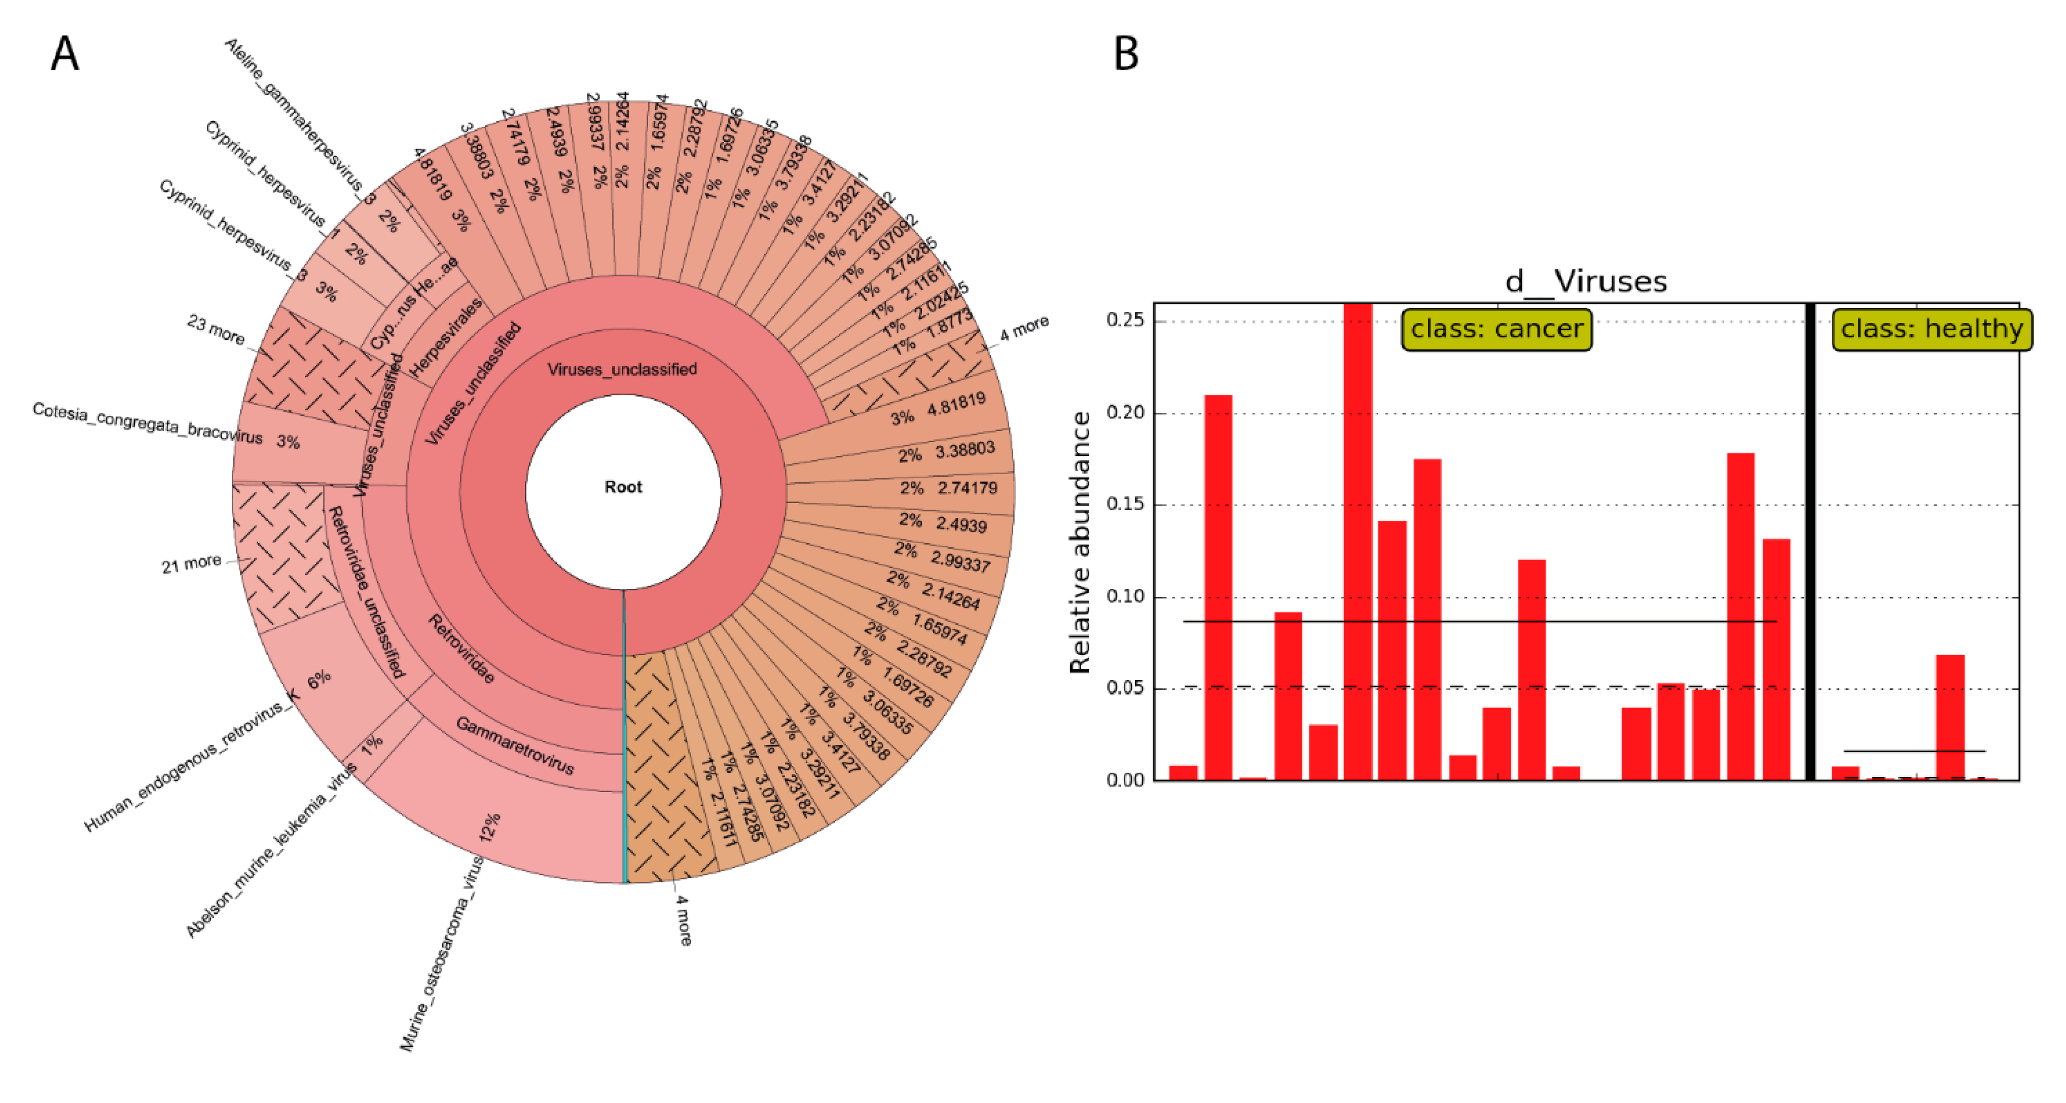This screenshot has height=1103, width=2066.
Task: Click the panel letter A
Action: pyautogui.click(x=65, y=55)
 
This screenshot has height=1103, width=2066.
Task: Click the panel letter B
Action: pyautogui.click(x=1126, y=55)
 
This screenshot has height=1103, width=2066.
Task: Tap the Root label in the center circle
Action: pyautogui.click(x=623, y=487)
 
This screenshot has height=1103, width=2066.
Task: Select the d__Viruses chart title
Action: pyautogui.click(x=1586, y=281)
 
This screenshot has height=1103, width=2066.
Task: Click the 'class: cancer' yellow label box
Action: pyautogui.click(x=1497, y=329)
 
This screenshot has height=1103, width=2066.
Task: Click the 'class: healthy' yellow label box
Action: pyautogui.click(x=1932, y=329)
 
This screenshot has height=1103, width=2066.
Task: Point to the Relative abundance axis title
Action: pyautogui.click(x=1080, y=542)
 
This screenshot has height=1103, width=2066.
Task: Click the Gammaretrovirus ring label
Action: pyautogui.click(x=515, y=746)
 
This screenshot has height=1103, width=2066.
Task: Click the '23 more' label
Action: pyautogui.click(x=215, y=330)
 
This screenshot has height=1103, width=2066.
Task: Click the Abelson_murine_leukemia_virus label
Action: pyautogui.click(x=270, y=852)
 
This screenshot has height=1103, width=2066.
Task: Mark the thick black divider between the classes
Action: pyautogui.click(x=1810, y=542)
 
